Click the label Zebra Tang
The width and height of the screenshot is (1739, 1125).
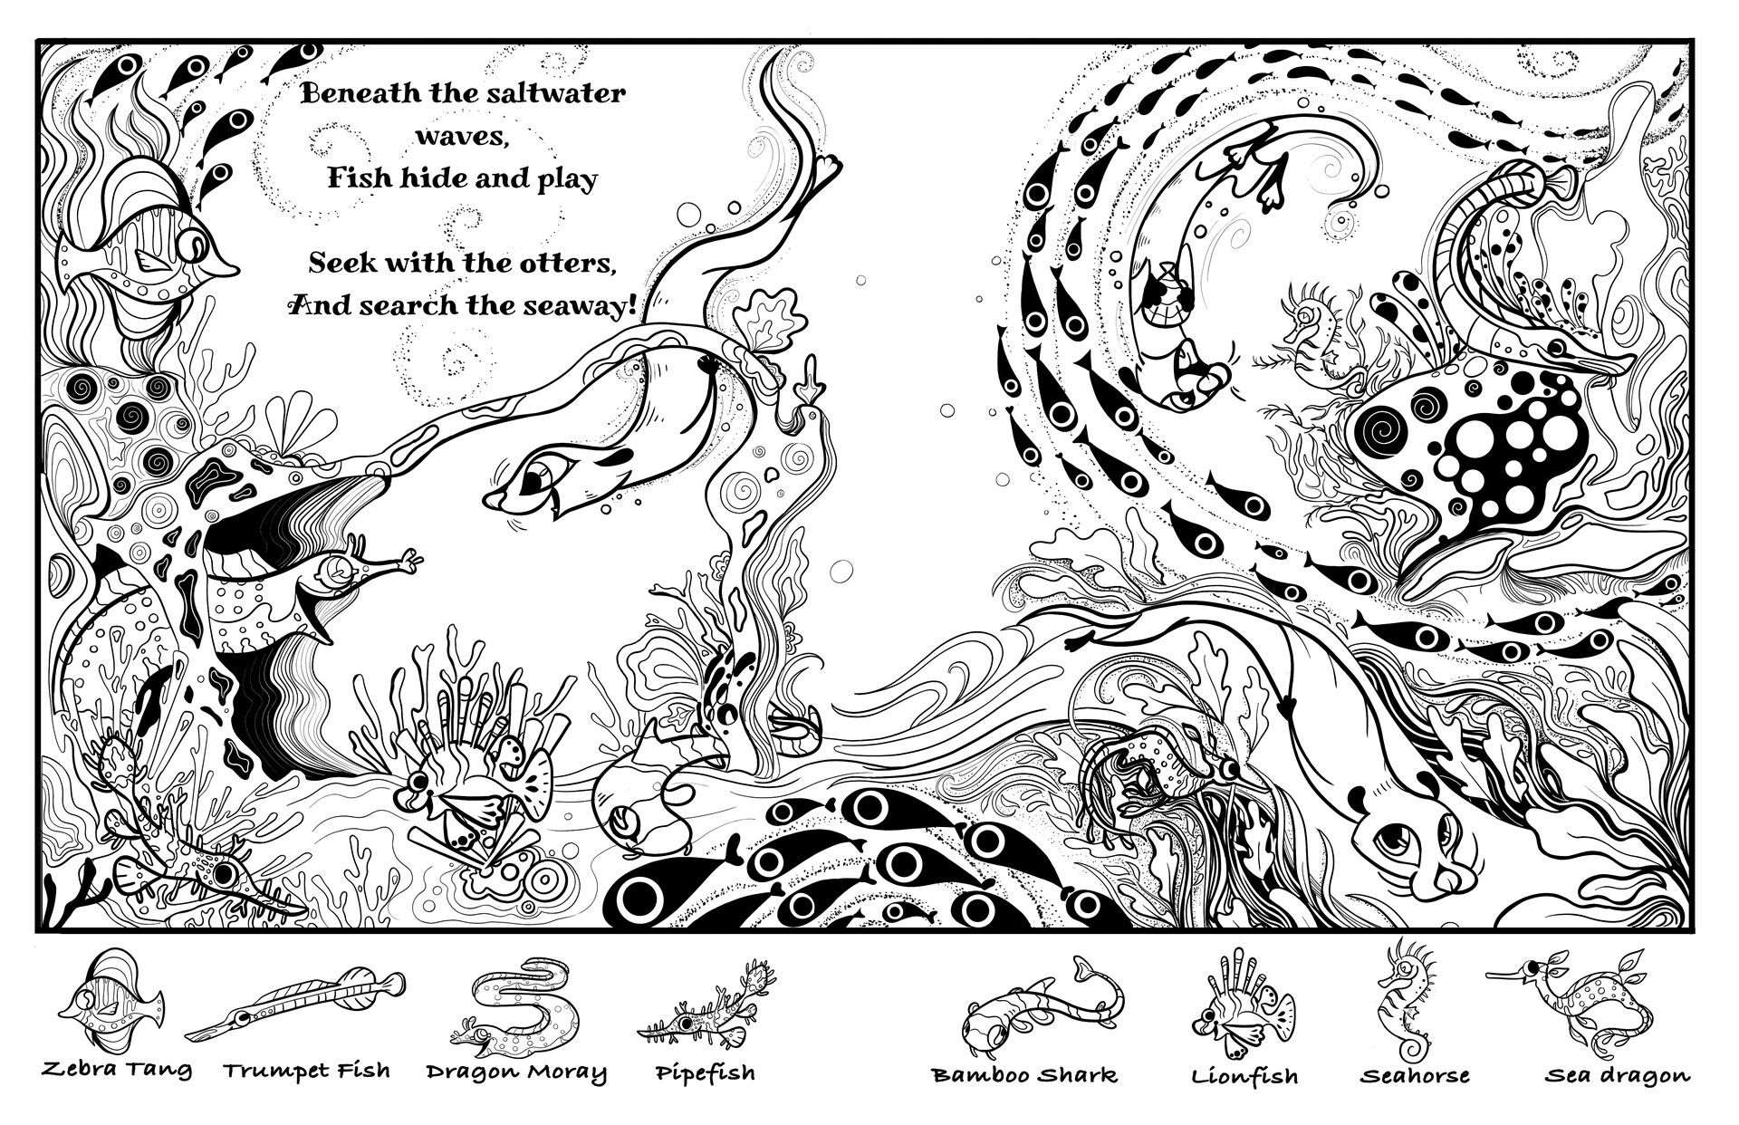(x=117, y=1071)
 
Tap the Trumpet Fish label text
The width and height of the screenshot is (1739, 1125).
(x=307, y=1071)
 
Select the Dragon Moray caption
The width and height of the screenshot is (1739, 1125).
(x=516, y=1072)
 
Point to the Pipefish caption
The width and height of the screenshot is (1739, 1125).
(x=706, y=1073)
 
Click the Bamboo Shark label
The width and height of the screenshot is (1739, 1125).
(x=1024, y=1075)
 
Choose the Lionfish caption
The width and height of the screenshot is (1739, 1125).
(x=1244, y=1076)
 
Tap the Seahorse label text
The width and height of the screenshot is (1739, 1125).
(x=1414, y=1076)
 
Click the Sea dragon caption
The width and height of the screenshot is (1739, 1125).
(x=1617, y=1076)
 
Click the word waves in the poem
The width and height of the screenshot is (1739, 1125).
(x=463, y=136)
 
